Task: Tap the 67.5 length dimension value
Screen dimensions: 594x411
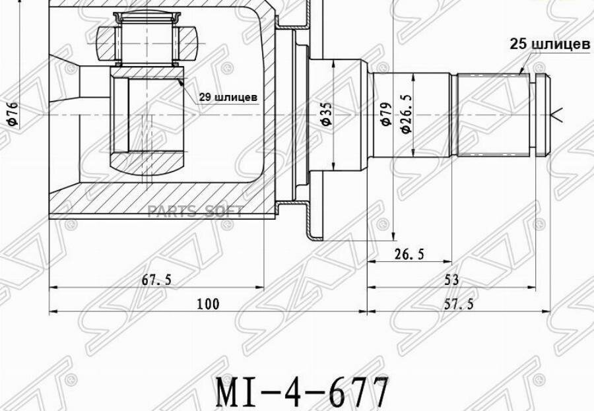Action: click(156, 280)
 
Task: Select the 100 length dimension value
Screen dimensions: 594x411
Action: click(208, 304)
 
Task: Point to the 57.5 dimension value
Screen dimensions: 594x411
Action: click(459, 304)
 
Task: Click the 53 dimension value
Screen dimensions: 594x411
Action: click(451, 280)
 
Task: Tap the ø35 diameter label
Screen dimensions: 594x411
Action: click(327, 113)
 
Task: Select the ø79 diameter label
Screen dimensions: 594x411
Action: click(386, 113)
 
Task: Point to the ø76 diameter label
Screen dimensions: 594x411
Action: click(13, 113)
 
